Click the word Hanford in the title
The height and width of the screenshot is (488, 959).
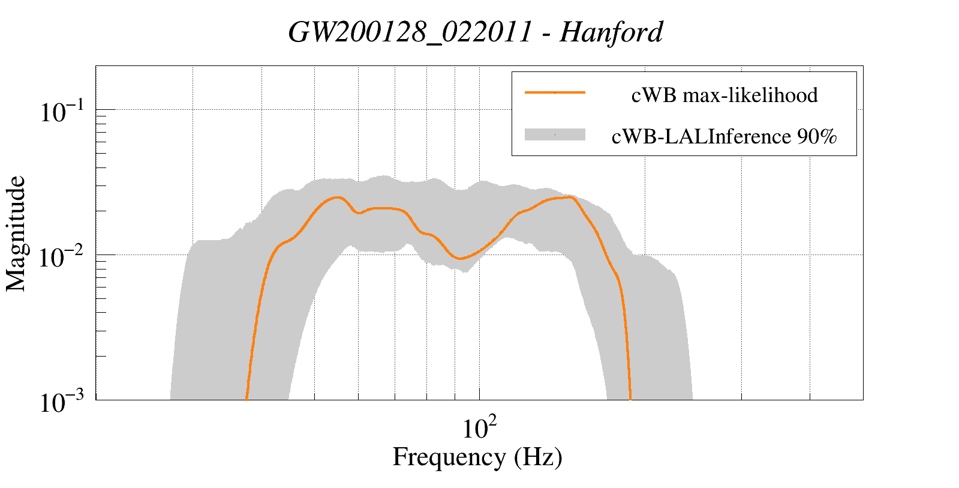coord(611,32)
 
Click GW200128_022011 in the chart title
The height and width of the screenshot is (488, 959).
coord(410,32)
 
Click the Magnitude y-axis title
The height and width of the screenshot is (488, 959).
coord(16,233)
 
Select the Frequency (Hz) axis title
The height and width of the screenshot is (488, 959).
coord(477,457)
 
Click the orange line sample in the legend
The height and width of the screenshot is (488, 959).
coord(555,92)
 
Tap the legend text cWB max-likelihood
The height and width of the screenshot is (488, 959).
coord(724,95)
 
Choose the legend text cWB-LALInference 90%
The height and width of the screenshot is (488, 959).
coord(724,137)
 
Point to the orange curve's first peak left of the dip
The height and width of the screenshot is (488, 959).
coord(338,197)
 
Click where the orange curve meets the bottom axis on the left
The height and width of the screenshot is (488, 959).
coord(246,399)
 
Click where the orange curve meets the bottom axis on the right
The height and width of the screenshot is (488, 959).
coord(630,399)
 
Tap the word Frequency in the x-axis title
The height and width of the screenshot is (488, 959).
coord(449,457)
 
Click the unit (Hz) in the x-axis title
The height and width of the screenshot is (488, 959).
coord(538,457)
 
